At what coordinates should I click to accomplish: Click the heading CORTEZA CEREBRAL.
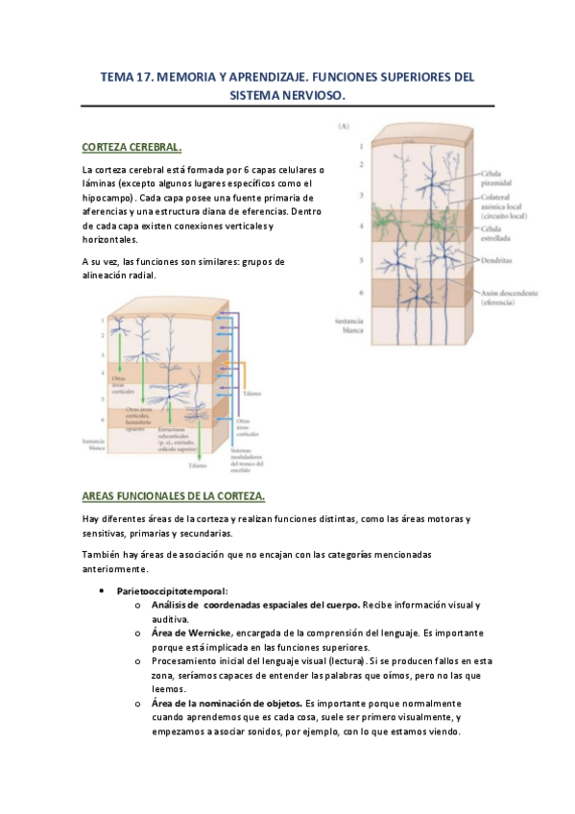[132, 147]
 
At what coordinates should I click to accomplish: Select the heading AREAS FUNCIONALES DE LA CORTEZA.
[174, 495]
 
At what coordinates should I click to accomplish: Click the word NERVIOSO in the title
[308, 96]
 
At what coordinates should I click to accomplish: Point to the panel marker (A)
[342, 127]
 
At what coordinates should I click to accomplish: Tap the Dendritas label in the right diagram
[496, 259]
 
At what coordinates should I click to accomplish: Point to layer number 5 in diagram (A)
[360, 259]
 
